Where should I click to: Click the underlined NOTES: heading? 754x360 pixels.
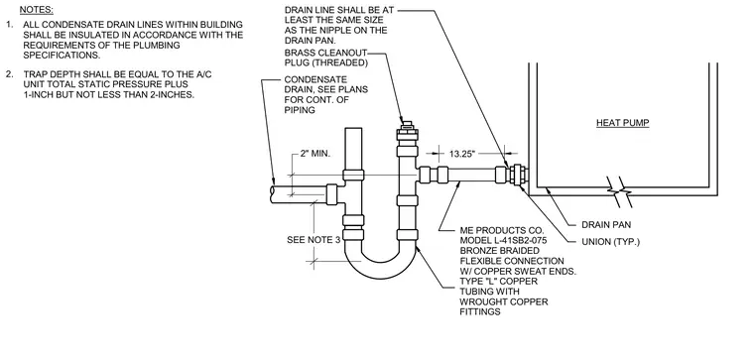[36, 10]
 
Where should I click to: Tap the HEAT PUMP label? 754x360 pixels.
[623, 123]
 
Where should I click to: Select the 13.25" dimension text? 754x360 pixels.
[462, 154]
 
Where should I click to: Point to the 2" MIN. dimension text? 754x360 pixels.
[314, 154]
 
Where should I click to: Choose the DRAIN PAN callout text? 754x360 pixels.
[606, 224]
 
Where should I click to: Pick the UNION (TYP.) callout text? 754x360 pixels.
[611, 242]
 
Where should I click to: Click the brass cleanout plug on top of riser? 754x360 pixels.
[407, 128]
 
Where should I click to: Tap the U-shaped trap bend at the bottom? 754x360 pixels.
[380, 270]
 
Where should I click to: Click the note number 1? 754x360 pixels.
[9, 24]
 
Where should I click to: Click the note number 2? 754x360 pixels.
[9, 74]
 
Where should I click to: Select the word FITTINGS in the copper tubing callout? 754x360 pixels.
[480, 312]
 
